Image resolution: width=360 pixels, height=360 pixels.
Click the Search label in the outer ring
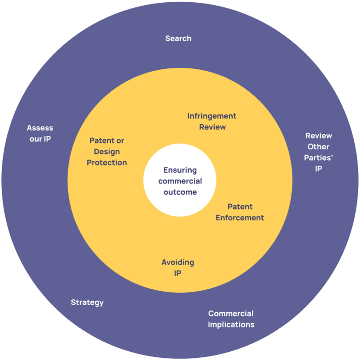(178, 39)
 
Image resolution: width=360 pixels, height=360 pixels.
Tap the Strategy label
(87, 302)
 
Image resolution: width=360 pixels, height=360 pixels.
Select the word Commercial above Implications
(231, 313)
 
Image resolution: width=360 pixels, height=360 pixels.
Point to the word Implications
(231, 324)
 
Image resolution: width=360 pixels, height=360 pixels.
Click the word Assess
(40, 128)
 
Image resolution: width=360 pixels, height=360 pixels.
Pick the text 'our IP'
(40, 139)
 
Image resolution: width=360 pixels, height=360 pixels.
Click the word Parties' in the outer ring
(318, 158)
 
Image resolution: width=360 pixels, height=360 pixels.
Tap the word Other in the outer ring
(318, 147)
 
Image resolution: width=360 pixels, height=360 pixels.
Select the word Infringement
(212, 116)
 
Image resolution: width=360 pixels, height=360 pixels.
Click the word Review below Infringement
(212, 127)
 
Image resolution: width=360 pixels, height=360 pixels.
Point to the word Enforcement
(240, 218)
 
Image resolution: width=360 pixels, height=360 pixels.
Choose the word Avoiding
(178, 263)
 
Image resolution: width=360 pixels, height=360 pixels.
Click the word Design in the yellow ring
(107, 152)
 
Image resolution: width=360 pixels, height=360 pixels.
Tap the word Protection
(107, 163)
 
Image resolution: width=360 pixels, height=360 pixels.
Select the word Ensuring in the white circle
(180, 170)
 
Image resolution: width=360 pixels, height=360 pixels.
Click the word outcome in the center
(180, 192)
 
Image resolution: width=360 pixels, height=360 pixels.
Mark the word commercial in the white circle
(180, 181)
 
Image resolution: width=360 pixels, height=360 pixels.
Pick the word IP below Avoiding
(177, 273)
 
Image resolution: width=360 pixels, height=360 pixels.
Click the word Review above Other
(318, 136)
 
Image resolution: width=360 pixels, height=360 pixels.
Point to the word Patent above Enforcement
(240, 207)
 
